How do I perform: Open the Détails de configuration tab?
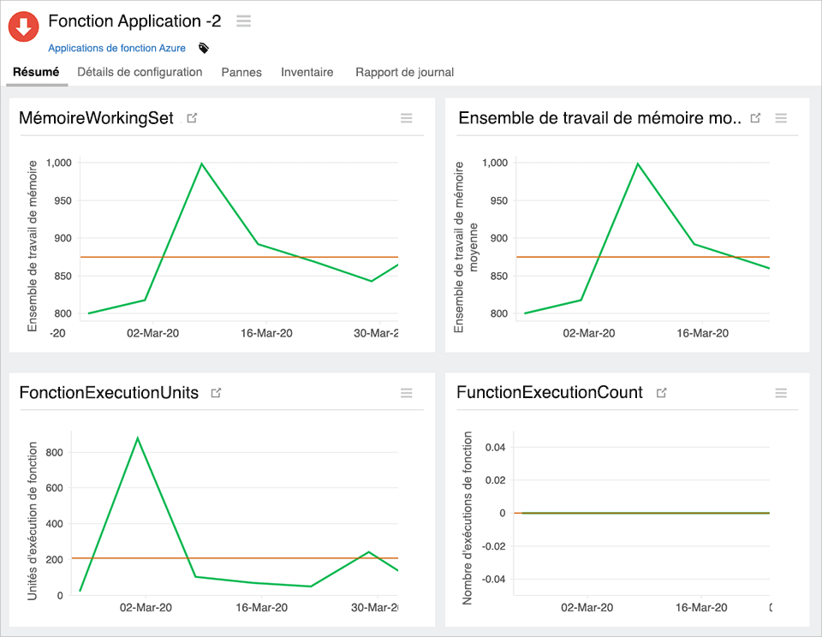coord(140,72)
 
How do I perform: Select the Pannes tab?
coord(241,72)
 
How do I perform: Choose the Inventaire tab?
coord(307,72)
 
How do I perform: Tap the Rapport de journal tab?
coord(404,72)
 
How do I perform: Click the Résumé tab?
coord(36,72)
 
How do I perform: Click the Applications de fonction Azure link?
coord(116,48)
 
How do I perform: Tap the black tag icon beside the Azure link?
coord(204,48)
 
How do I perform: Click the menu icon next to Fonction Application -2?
coord(244,21)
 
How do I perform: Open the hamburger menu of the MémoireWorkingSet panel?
coord(407,118)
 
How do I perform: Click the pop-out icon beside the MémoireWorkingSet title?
coord(192,118)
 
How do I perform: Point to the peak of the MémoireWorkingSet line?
coord(201,163)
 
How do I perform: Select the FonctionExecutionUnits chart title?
coord(109,393)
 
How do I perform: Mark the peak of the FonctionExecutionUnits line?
coord(137,438)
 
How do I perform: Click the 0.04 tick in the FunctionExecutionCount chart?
coord(496,447)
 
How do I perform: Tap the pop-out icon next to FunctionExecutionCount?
coord(661,393)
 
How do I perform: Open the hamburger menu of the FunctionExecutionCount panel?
coord(781,393)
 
